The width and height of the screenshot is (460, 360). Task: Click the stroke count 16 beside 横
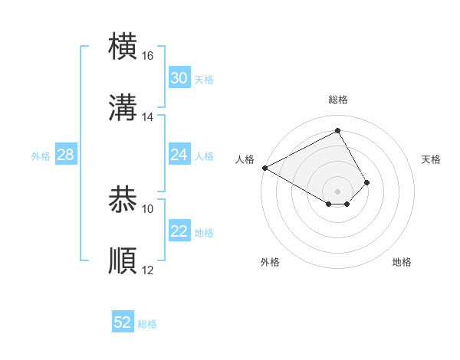pos(148,57)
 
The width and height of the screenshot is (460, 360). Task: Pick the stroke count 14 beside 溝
pos(148,117)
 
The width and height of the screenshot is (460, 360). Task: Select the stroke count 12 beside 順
pos(148,270)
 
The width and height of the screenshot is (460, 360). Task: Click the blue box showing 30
pos(179,78)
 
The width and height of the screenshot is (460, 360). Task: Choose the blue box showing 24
pos(179,155)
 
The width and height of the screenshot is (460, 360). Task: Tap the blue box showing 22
pos(179,231)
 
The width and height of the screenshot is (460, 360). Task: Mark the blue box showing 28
pos(66,155)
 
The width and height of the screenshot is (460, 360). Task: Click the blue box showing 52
pos(123,322)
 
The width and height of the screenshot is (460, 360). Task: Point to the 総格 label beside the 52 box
pos(148,324)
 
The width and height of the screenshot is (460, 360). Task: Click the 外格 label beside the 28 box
pos(41,156)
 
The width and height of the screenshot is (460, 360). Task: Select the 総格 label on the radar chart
pos(338,100)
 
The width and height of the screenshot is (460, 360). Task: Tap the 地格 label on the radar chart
pos(402,262)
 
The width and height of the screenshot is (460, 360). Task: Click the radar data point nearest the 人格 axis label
pos(264,168)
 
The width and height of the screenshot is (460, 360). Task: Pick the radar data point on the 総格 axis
pos(338,130)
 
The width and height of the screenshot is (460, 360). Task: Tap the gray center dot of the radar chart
pos(338,191)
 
